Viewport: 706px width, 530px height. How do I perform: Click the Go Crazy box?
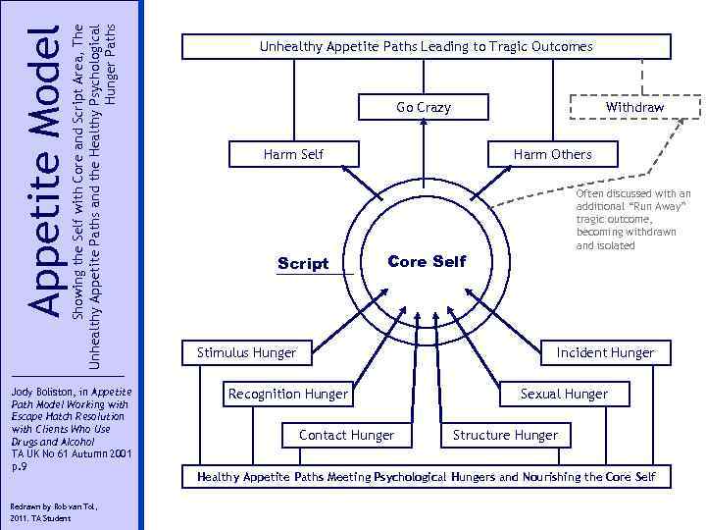(424, 107)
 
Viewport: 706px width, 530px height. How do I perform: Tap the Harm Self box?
(293, 154)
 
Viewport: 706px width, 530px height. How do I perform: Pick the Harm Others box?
(552, 154)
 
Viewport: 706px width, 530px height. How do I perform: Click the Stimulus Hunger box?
(246, 352)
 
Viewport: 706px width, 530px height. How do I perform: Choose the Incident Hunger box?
(605, 352)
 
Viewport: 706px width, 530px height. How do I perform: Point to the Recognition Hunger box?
(287, 394)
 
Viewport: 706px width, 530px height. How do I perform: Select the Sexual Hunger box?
(564, 394)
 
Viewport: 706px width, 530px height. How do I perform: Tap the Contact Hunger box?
(346, 435)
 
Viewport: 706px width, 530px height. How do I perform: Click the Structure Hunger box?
(505, 435)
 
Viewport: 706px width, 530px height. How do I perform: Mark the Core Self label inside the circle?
(428, 261)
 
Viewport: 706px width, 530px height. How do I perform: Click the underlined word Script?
(303, 264)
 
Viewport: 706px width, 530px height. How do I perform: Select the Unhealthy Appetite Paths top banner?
(426, 46)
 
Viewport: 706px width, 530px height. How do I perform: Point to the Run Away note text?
(632, 220)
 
